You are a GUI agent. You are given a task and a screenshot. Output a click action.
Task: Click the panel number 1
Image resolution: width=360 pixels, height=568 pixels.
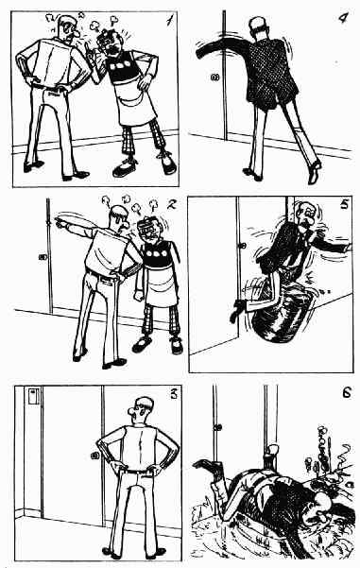pyautogui.click(x=169, y=20)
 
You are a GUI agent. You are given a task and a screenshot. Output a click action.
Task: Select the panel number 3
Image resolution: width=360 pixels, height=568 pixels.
pyautogui.click(x=174, y=394)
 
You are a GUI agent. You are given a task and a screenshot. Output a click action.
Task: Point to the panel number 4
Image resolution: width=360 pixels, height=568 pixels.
pyautogui.click(x=343, y=17)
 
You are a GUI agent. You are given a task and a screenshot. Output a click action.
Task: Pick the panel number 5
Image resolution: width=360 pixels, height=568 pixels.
pyautogui.click(x=344, y=204)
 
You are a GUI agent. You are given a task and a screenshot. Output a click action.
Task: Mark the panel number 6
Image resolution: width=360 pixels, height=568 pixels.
pyautogui.click(x=347, y=392)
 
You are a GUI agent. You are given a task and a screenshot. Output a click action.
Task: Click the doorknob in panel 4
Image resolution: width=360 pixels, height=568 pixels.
pyautogui.click(x=214, y=77)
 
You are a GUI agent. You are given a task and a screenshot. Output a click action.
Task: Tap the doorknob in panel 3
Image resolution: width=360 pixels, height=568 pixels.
pyautogui.click(x=94, y=456)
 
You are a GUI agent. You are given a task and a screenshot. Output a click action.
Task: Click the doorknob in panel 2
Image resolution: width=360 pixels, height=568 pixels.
pyautogui.click(x=43, y=257)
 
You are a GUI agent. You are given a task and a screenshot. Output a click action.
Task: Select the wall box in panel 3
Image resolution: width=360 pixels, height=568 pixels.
pyautogui.click(x=34, y=396)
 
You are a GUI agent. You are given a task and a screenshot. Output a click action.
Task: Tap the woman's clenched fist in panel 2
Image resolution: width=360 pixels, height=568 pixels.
pyautogui.click(x=139, y=295)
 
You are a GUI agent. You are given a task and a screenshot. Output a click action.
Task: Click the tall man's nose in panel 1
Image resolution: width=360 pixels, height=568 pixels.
pyautogui.click(x=77, y=34)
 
